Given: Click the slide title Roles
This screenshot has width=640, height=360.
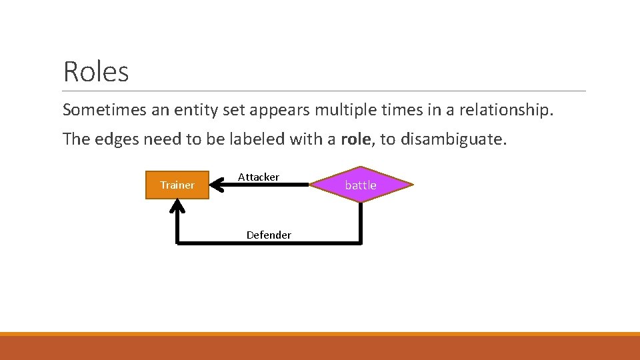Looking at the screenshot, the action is [96, 71].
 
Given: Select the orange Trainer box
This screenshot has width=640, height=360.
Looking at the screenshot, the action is [177, 185].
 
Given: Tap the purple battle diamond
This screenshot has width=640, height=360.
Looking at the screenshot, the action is [361, 185].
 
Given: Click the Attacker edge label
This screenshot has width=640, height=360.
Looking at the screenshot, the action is [259, 177].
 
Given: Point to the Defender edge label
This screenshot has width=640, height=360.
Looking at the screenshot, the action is [269, 235].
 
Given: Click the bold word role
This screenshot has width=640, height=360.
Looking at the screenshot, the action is [357, 139].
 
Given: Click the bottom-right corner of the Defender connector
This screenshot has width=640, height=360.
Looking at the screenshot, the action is [361, 243].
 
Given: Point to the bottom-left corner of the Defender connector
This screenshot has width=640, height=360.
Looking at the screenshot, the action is [177, 243].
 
